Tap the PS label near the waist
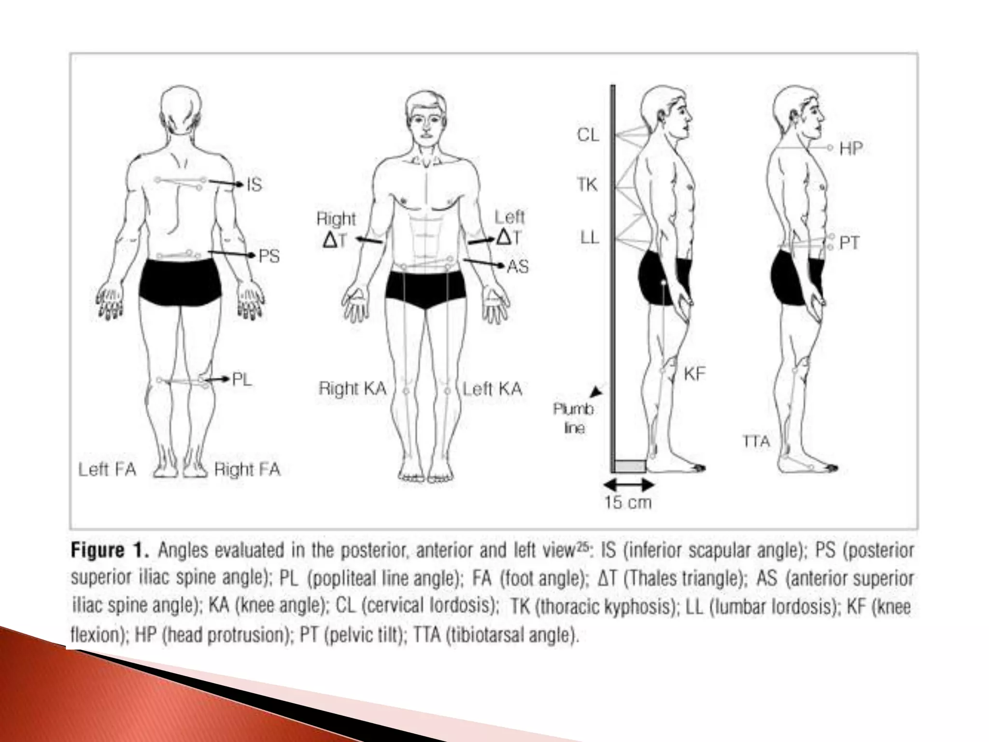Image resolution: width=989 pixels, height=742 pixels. (268, 256)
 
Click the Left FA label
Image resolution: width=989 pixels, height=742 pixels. (107, 469)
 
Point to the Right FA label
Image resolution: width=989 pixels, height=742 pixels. (247, 469)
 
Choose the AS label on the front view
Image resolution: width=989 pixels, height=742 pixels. (517, 266)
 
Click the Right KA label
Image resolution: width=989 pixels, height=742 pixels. (353, 388)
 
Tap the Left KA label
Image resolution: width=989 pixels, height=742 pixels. (492, 388)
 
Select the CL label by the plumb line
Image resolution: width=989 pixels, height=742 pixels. (588, 135)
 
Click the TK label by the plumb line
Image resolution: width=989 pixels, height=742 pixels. (587, 185)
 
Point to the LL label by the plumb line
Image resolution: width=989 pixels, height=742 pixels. (589, 238)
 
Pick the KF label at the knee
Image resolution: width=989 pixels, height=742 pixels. (694, 373)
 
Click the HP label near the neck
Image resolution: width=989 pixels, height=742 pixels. (851, 148)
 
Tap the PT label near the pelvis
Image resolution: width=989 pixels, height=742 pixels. (849, 243)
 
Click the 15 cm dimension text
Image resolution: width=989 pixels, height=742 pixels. (628, 502)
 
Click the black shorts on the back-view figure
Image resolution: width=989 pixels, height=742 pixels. (181, 282)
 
